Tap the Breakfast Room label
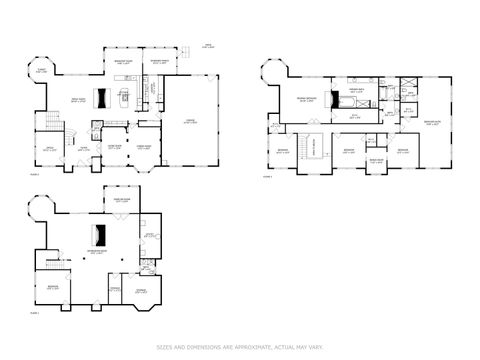pos(124,63)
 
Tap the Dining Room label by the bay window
pos(143,147)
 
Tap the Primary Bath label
pos(354,89)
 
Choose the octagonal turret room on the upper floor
pos(273,72)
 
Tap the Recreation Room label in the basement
pos(98,252)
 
